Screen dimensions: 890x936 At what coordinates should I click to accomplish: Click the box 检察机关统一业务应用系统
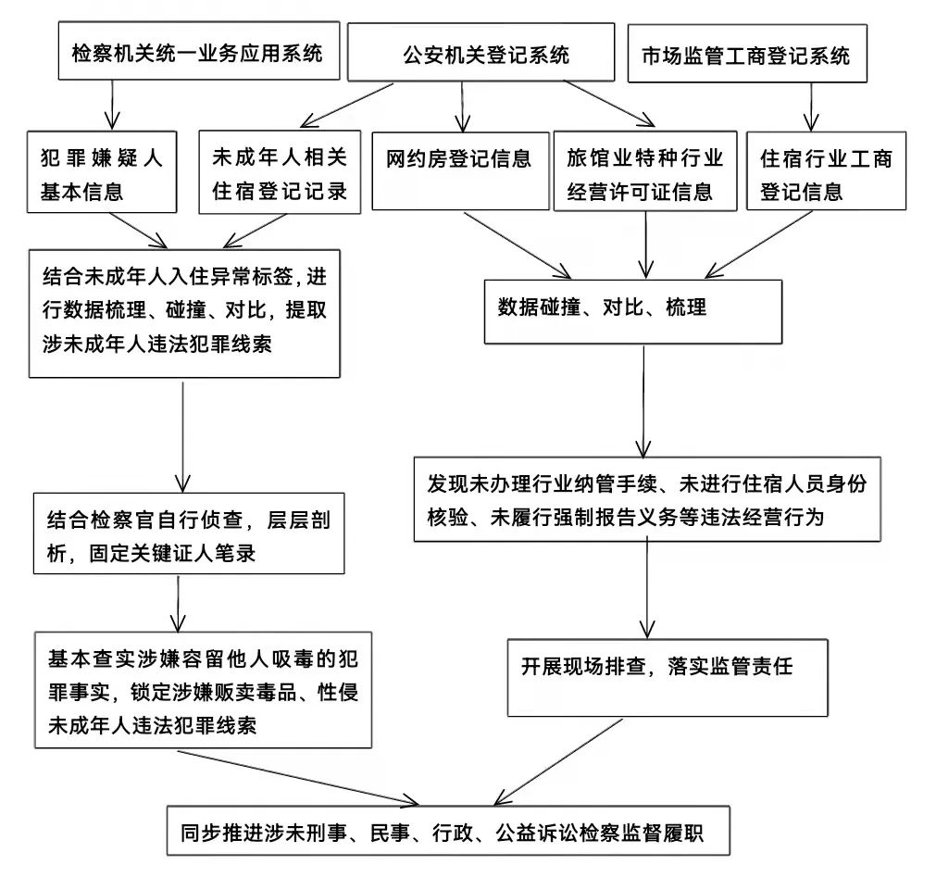(196, 53)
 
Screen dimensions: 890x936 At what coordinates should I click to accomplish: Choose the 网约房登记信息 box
(460, 170)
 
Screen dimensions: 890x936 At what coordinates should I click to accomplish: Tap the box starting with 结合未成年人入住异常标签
(184, 313)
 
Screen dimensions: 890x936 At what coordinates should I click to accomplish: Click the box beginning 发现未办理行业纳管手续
(647, 499)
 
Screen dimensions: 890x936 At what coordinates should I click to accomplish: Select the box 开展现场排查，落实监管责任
(645, 675)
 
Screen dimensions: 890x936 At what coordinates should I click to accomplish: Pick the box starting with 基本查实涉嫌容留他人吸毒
(203, 690)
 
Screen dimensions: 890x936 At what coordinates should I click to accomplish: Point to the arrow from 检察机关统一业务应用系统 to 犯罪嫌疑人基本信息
(113, 105)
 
